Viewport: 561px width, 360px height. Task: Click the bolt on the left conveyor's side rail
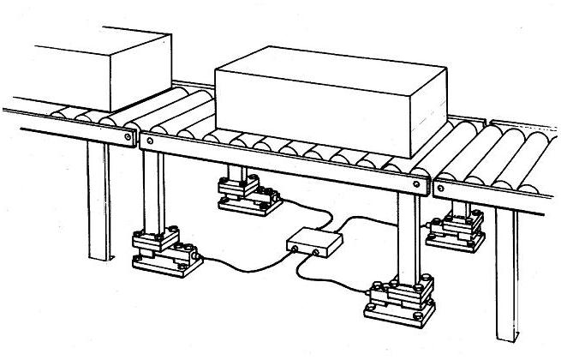128,135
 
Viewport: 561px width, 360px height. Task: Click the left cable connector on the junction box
296,249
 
